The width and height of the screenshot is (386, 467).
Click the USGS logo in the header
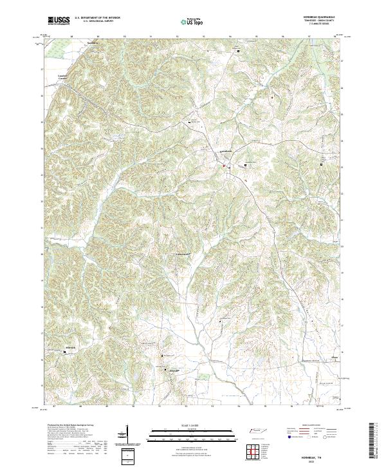pos(59,21)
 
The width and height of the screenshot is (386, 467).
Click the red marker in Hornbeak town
pos(224,167)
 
